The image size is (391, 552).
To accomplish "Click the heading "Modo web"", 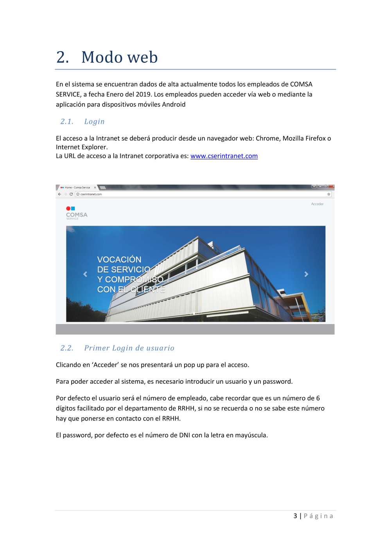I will [119, 57].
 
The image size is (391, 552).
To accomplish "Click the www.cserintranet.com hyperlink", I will [224, 156].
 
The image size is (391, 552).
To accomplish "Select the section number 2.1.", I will [67, 121].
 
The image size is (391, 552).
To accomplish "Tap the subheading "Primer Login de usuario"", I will [129, 348].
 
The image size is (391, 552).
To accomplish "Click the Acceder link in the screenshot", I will [317, 204].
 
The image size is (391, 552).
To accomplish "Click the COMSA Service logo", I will [76, 213].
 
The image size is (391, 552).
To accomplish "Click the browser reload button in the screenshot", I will [71, 194].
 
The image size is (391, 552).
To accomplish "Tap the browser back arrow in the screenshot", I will [59, 194].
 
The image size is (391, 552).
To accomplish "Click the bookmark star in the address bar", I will [329, 194].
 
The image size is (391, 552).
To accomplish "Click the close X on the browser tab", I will [95, 187].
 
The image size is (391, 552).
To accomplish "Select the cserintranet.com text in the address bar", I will [91, 194].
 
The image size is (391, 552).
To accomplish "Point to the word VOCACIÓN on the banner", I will [119, 260].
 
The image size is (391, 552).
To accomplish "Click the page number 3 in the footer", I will [295, 516].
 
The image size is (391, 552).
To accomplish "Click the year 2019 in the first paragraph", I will [143, 94].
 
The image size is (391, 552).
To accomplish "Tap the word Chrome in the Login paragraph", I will [267, 138].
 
